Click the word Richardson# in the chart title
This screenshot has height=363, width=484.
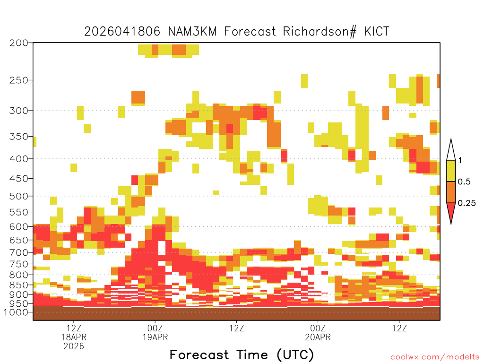(x=320, y=32)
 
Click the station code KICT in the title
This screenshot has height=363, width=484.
(x=377, y=32)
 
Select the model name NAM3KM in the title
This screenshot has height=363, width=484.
(x=192, y=32)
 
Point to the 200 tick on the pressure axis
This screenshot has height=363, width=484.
(x=19, y=43)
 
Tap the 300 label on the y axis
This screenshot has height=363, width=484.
(x=19, y=111)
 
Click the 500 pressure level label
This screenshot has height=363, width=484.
(x=19, y=196)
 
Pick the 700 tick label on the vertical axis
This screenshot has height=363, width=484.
(x=19, y=252)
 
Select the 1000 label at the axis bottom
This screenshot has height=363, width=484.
(x=16, y=312)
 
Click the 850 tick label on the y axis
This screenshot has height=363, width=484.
(x=19, y=285)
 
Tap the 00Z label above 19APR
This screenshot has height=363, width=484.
(x=155, y=328)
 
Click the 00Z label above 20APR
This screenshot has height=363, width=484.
(x=318, y=328)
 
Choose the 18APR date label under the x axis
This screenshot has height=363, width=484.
(x=74, y=337)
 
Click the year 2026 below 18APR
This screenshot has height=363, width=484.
(x=74, y=346)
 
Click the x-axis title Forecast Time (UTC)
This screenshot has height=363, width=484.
(x=242, y=355)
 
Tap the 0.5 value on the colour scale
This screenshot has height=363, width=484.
(x=464, y=181)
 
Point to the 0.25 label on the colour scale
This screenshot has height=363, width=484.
(x=467, y=203)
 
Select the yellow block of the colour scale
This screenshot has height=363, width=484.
(x=451, y=171)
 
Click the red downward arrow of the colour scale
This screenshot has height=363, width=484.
(x=451, y=212)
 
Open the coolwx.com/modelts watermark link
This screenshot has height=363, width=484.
(x=435, y=357)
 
